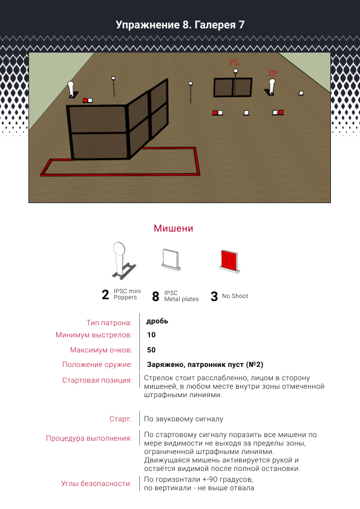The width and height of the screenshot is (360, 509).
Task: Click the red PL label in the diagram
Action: click(x=234, y=62)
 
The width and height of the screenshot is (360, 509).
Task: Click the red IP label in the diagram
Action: click(x=273, y=74)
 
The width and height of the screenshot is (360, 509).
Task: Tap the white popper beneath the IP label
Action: click(x=272, y=86)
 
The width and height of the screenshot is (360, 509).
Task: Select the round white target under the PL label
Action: click(x=235, y=71)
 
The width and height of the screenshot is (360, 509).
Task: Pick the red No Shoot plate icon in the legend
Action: click(x=229, y=261)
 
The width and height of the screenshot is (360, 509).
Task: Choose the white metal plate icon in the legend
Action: click(x=171, y=260)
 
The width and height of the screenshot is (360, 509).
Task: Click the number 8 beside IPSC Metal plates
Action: click(x=155, y=296)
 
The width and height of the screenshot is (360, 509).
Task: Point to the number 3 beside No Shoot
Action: click(x=214, y=296)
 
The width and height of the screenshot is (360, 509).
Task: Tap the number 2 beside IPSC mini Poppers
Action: click(x=105, y=295)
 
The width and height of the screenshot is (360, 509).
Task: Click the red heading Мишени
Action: click(x=174, y=229)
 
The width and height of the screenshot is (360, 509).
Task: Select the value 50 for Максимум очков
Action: click(x=151, y=350)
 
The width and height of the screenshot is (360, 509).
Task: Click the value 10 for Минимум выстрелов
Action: click(x=151, y=335)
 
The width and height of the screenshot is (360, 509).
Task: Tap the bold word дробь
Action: click(x=157, y=321)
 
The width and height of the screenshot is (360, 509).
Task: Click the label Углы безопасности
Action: click(x=96, y=484)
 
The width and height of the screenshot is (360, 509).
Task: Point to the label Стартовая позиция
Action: click(x=97, y=380)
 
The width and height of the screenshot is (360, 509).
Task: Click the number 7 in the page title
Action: click(x=241, y=25)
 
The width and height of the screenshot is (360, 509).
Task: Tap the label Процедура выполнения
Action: click(x=89, y=438)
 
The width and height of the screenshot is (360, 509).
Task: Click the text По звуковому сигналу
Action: click(x=183, y=419)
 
